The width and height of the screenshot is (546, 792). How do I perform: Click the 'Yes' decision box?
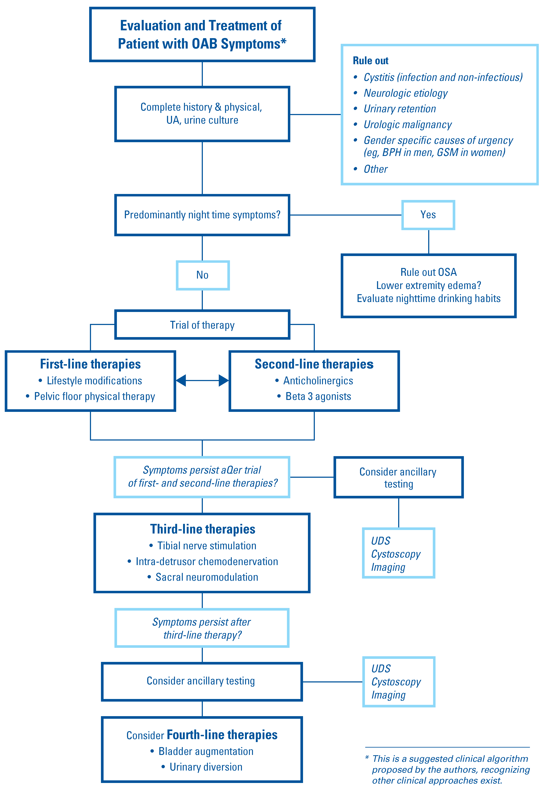point(428,215)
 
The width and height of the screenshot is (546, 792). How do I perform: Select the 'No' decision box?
point(203,275)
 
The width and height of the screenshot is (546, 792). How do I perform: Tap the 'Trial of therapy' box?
point(202,325)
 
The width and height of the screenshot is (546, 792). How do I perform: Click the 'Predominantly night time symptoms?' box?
point(202,215)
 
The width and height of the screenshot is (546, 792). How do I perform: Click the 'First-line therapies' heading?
point(90,364)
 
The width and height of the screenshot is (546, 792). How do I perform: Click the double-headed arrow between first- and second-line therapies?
point(202,380)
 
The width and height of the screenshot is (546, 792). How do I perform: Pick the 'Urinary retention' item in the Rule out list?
point(400,109)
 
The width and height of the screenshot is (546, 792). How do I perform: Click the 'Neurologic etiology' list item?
point(405,93)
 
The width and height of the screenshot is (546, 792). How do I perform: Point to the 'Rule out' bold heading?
point(370,61)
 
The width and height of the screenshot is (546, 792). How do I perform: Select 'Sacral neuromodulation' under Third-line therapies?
point(207,577)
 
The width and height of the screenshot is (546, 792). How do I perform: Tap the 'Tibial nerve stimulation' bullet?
point(207,546)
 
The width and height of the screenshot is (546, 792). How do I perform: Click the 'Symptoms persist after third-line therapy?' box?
point(202,628)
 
